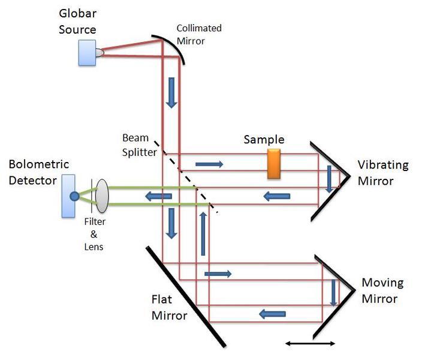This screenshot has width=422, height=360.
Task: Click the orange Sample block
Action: tap(275, 164)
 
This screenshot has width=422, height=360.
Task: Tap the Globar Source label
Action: tap(78, 21)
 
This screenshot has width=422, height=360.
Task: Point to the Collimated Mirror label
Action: tap(198, 34)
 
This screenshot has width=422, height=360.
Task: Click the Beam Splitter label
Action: tap(139, 145)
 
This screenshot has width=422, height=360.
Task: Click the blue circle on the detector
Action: tap(74, 196)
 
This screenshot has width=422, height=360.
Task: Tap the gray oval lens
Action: tap(101, 196)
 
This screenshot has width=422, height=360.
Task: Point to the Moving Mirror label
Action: tap(382, 290)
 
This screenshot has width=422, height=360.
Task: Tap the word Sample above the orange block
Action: tap(264, 140)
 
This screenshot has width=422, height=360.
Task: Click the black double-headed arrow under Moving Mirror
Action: tap(311, 343)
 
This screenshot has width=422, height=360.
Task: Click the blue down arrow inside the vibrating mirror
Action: tap(329, 178)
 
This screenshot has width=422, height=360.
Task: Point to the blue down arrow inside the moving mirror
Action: tap(333, 292)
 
